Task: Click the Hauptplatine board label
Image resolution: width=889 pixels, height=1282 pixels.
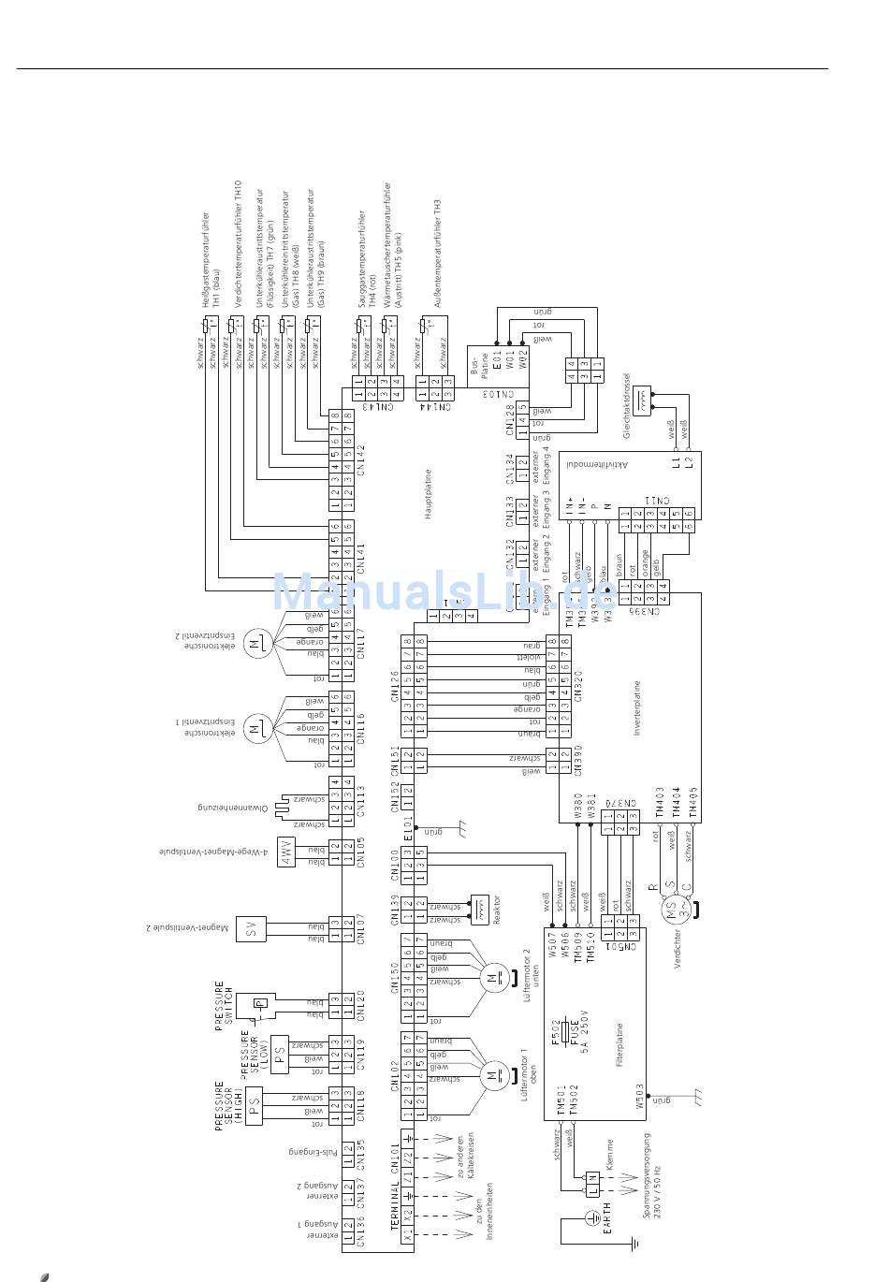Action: point(428,494)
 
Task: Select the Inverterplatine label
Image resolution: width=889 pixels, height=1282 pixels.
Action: point(636,708)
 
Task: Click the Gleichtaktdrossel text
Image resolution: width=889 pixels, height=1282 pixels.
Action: point(627,406)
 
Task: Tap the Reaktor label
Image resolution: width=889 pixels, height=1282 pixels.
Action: point(497,911)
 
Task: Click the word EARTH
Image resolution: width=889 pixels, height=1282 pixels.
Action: point(606,1219)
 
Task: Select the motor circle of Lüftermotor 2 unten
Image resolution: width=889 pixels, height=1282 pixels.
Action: point(492,979)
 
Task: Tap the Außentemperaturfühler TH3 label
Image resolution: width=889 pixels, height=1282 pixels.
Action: point(437,253)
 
